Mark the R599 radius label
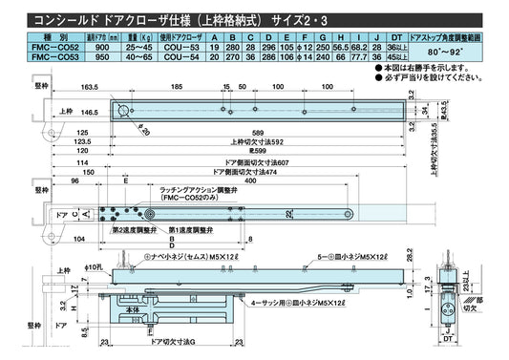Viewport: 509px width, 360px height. (x=250, y=152)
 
